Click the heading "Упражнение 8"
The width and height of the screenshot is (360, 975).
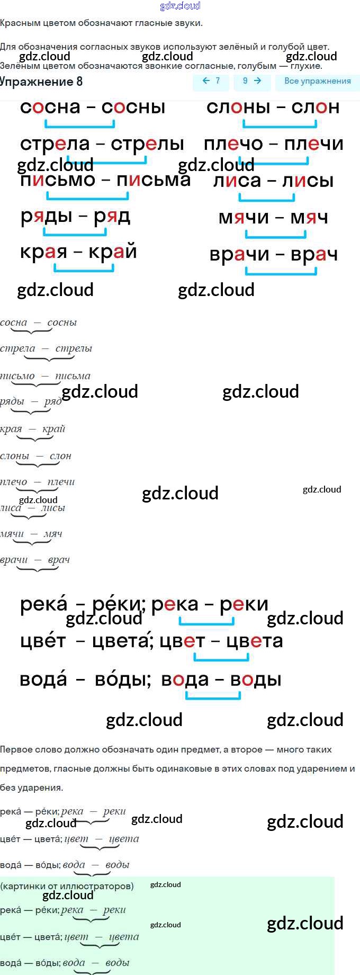click(41, 82)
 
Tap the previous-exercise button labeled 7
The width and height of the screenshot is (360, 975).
click(211, 81)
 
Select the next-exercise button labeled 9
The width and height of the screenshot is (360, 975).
click(252, 81)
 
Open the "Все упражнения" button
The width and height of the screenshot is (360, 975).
click(317, 81)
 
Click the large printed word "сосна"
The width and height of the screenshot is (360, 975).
click(50, 107)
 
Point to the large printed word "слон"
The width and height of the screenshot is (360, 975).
click(315, 107)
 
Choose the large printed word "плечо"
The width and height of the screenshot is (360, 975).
click(233, 144)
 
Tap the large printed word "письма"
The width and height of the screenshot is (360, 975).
click(154, 180)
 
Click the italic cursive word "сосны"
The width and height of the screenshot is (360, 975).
click(62, 323)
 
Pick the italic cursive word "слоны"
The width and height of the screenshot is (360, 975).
click(14, 456)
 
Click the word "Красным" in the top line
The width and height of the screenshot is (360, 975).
click(17, 23)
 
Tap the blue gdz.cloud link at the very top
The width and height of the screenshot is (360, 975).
click(180, 6)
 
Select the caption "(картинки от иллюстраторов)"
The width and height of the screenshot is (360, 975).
click(67, 886)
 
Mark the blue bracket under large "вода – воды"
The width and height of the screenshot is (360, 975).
click(213, 696)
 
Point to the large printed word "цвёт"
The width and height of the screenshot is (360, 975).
click(43, 641)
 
